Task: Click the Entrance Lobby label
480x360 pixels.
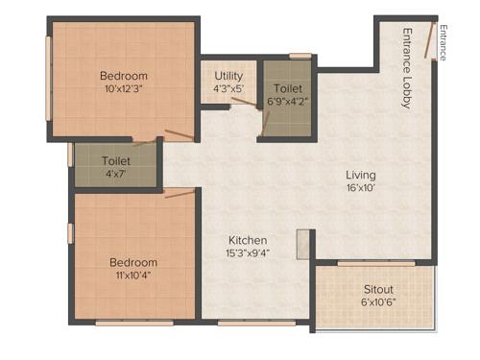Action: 407,68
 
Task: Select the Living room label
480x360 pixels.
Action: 361,175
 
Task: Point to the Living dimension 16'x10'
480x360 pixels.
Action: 361,189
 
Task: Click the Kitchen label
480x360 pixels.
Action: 247,240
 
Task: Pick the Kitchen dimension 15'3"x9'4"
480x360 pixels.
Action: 247,253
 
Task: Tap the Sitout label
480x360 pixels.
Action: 378,289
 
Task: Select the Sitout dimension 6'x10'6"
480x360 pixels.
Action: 378,302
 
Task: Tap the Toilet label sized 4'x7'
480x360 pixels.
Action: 117,160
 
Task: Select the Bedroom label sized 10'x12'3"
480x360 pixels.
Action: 124,76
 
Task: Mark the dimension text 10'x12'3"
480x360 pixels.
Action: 124,90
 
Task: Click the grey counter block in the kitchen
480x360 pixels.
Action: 304,244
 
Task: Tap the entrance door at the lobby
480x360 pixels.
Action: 434,42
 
